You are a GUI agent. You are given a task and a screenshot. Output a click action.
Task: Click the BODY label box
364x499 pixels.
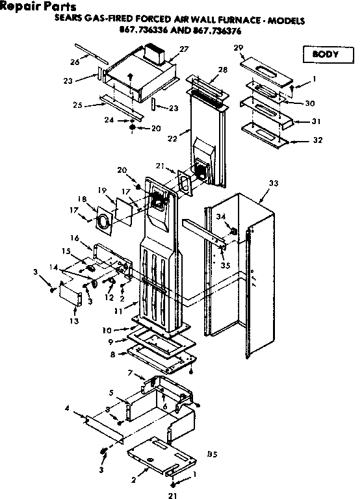click(323, 54)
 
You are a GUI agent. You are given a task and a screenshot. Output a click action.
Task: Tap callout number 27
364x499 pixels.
click(184, 49)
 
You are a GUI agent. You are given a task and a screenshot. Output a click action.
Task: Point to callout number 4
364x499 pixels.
click(67, 407)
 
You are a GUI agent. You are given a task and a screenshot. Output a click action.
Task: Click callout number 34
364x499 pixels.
click(221, 216)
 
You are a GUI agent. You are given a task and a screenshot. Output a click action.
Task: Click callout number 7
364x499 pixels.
click(131, 372)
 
